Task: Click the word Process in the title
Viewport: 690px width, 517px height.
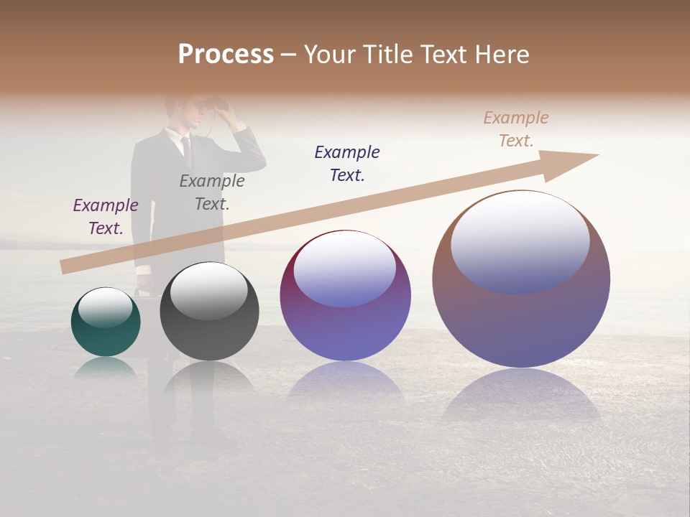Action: [x=226, y=55]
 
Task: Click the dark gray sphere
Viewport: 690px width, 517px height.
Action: [x=209, y=312]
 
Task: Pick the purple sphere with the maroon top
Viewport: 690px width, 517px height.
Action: [x=345, y=296]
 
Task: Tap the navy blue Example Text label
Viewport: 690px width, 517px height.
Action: [x=347, y=163]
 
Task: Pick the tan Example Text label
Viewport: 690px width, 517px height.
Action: [x=516, y=129]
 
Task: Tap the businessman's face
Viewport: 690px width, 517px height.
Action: [x=180, y=115]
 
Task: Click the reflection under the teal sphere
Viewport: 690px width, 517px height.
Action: [x=106, y=368]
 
